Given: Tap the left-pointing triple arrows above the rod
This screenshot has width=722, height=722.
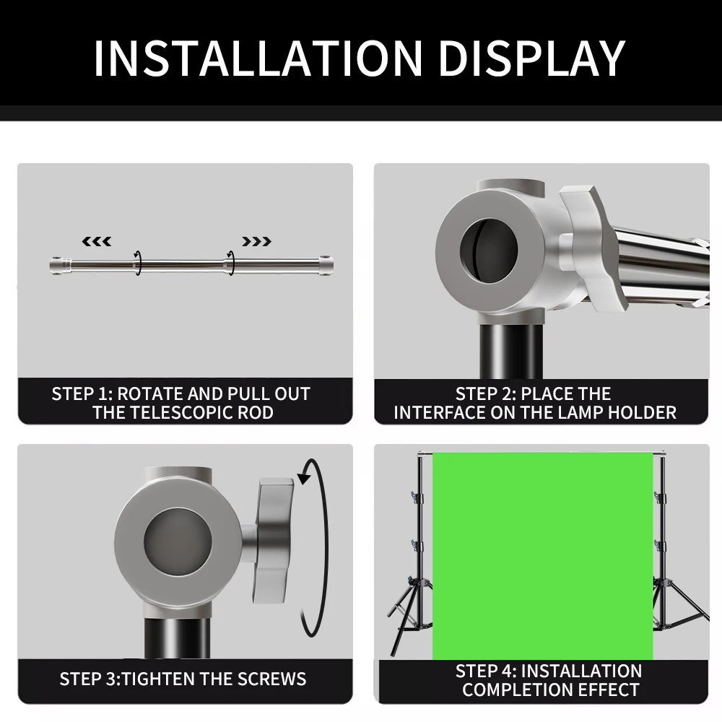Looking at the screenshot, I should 97,241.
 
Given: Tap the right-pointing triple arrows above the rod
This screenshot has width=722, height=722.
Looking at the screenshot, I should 257,241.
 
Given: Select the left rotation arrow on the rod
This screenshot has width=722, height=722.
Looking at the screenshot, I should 137,263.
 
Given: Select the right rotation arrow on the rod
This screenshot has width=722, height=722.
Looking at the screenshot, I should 230,263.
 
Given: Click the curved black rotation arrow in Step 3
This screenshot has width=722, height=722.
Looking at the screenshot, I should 314,549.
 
